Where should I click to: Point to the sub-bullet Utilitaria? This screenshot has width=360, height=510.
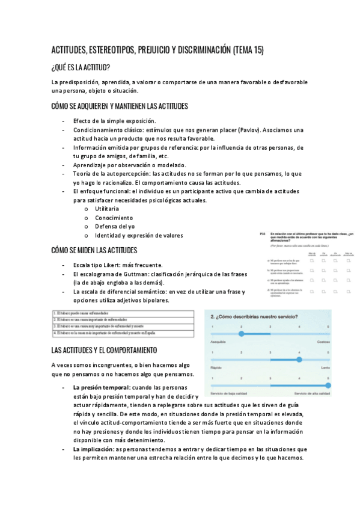click(107, 208)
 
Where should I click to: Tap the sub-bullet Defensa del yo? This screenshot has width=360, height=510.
click(116, 226)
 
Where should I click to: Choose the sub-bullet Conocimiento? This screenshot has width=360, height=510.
click(114, 217)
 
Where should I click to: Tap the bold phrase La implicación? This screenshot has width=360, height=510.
click(93, 449)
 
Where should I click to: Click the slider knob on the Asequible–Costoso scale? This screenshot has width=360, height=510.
click(241, 333)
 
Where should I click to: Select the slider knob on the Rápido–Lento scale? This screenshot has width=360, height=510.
click(299, 360)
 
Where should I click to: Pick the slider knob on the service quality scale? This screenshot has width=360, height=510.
click(328, 386)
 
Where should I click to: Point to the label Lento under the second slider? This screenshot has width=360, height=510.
click(325, 367)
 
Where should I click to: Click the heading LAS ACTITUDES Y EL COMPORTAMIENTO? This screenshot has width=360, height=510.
click(104, 349)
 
